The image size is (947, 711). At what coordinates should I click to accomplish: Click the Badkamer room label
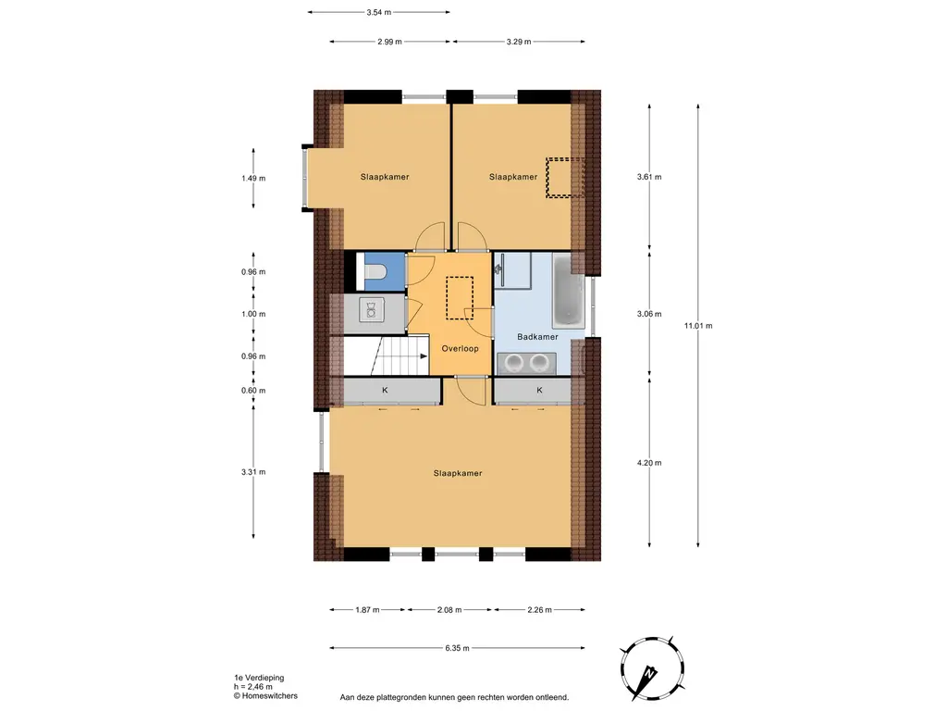pos(537,337)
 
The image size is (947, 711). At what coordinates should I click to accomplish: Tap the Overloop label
pos(460,348)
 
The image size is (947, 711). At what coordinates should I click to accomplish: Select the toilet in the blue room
pos(375,272)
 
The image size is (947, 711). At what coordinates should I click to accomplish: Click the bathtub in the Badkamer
pos(569,292)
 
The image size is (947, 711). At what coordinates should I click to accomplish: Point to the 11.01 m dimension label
pos(698,325)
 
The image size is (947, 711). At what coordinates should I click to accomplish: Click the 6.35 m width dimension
pos(457,648)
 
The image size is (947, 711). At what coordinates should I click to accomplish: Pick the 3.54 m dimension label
pos(378,12)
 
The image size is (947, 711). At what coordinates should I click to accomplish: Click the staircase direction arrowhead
pos(424,356)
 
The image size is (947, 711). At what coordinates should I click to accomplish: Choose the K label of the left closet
pos(385,391)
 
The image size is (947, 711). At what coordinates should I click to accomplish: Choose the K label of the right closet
pos(539,391)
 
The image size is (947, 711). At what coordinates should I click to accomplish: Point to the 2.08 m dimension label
pos(449,610)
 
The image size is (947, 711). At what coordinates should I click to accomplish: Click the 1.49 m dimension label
pos(253,179)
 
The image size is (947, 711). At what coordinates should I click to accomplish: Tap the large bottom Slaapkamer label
pos(458,473)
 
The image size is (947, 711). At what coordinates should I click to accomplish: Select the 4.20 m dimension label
pos(649,463)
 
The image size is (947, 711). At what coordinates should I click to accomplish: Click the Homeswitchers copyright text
pos(265,696)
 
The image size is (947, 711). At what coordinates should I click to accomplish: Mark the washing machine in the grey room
pos(372,309)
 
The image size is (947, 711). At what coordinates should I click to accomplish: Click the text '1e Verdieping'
pos(259,678)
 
